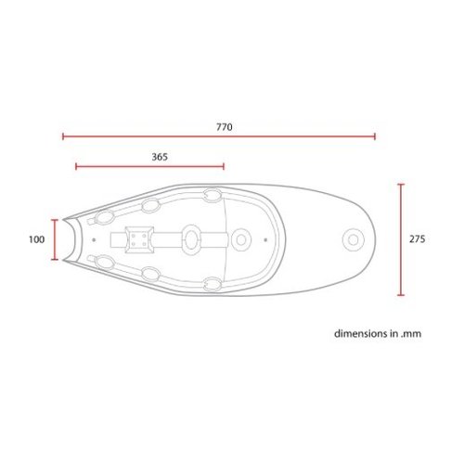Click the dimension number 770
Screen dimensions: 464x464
(224, 125)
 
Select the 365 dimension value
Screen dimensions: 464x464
(159, 157)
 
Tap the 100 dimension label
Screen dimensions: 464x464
(36, 239)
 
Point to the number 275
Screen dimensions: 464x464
(417, 238)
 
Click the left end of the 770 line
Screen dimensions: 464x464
(63, 136)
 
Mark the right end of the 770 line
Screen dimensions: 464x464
(375, 136)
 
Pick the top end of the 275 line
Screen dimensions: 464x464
(401, 184)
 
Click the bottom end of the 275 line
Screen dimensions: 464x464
(401, 295)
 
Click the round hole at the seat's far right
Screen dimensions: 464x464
(354, 239)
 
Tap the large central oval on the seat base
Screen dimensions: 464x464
(190, 238)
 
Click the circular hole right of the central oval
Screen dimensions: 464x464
(239, 239)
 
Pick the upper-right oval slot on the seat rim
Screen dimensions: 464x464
(212, 196)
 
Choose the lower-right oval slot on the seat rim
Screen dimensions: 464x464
(212, 283)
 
